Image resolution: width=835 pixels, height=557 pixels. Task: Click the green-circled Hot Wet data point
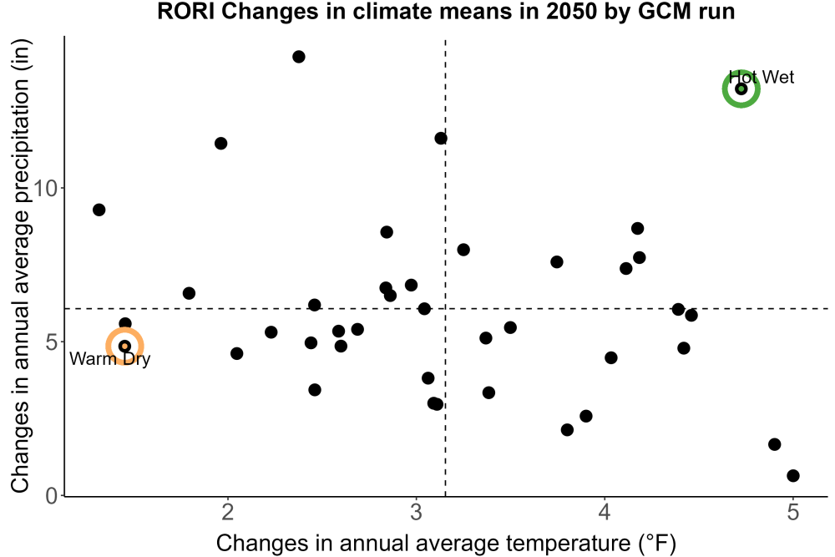tap(741, 89)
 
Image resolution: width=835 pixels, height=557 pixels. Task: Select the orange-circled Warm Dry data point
tap(124, 346)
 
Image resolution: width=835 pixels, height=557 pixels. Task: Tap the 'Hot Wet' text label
tap(761, 77)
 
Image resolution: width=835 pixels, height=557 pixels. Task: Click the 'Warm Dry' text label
tap(109, 358)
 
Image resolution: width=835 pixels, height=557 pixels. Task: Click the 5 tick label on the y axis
tap(52, 342)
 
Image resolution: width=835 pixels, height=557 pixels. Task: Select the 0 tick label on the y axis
tap(52, 496)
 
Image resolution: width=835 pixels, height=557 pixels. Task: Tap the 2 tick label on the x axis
tap(228, 512)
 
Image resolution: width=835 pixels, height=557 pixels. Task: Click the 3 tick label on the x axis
tap(416, 512)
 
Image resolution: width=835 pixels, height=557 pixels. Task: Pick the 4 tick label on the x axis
tap(605, 512)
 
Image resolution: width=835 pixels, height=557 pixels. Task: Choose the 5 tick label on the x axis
tap(793, 512)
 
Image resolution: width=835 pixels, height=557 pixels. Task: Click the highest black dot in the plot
tap(299, 57)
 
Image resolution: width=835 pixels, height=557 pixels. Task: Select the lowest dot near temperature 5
tap(793, 475)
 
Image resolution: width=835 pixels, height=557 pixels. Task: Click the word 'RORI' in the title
tap(186, 12)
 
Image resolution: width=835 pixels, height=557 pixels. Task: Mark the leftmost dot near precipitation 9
tap(99, 210)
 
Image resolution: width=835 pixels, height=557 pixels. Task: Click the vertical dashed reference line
tap(445, 267)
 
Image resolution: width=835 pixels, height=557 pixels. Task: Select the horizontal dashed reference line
tap(446, 308)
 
